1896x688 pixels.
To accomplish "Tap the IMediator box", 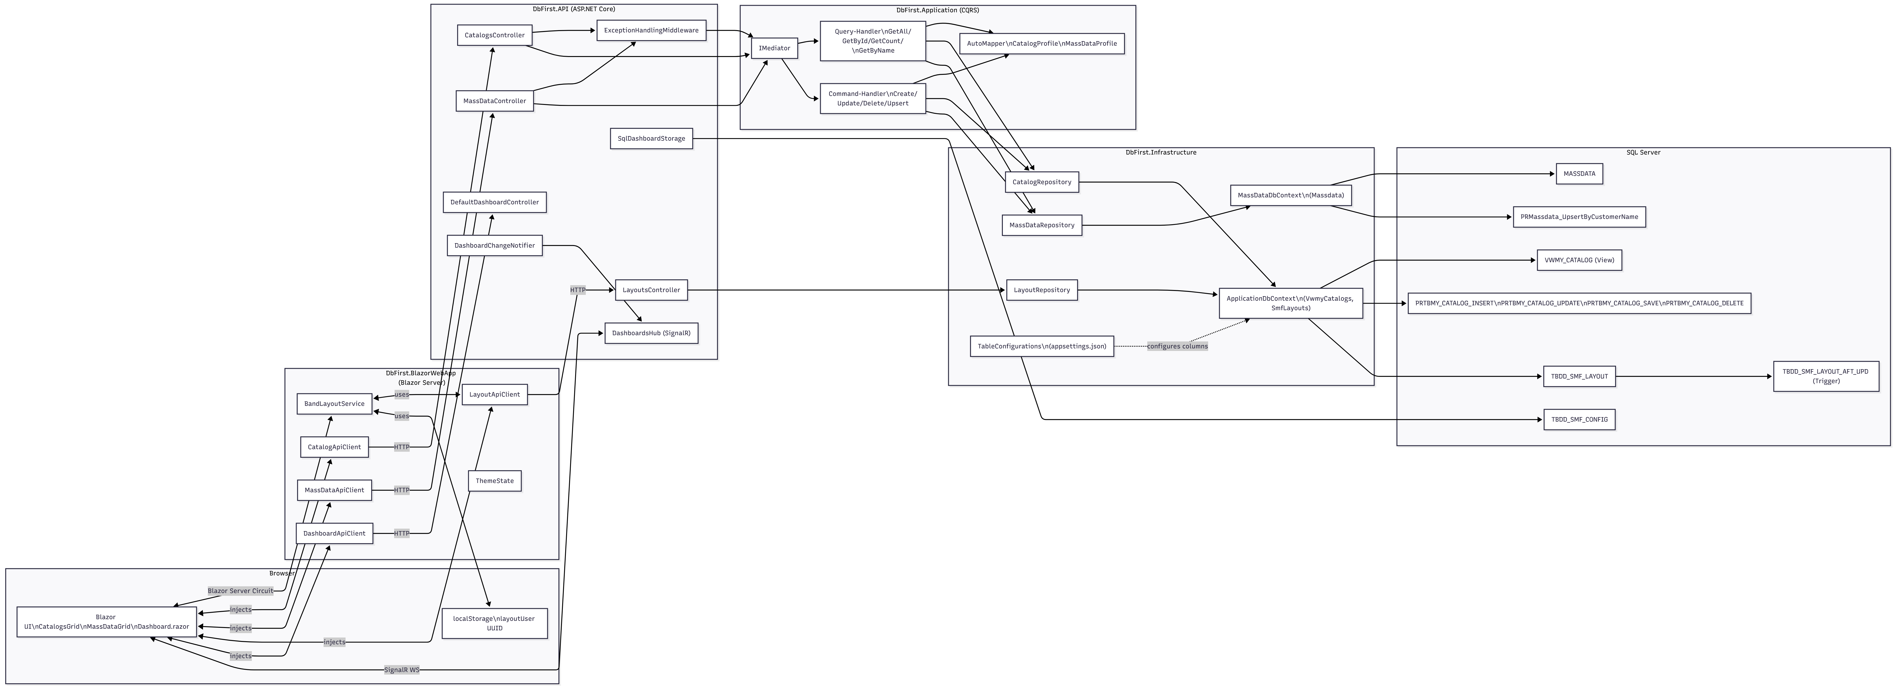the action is click(774, 48).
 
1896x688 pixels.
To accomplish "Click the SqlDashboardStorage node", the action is click(651, 139).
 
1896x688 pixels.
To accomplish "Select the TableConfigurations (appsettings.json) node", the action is click(1042, 346).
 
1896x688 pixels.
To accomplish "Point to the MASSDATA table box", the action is click(1579, 174).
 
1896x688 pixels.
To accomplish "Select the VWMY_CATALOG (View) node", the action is click(1579, 260).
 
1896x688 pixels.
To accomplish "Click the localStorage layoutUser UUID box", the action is click(495, 623).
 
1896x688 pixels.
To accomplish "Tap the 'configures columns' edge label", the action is click(1177, 346).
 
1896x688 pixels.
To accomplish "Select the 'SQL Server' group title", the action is click(1643, 152).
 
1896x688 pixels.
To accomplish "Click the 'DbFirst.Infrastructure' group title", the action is click(1161, 152).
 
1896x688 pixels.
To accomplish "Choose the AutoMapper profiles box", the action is click(1042, 44).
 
